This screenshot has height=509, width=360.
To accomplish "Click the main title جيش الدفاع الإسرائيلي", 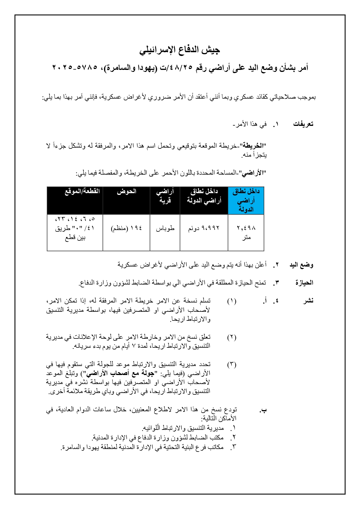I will tap(180, 50).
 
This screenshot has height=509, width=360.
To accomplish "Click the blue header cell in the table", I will tap(246, 200).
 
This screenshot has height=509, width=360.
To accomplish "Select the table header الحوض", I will tap(126, 192).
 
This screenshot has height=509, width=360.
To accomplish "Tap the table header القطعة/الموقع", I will tap(82, 191).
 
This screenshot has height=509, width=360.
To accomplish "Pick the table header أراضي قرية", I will tap(165, 196).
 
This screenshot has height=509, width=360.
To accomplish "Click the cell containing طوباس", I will tap(165, 229).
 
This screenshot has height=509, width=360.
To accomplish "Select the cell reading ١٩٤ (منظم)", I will tap(126, 229).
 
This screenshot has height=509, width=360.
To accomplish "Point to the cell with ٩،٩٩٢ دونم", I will tap(204, 229).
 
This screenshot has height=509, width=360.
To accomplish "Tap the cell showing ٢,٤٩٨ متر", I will tap(246, 233).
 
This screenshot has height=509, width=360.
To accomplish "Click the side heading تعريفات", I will tap(303, 124).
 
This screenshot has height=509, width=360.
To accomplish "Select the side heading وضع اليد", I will tap(301, 265).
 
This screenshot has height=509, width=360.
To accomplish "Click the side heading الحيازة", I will tap(304, 283).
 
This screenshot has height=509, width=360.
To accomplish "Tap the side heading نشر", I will tap(308, 301).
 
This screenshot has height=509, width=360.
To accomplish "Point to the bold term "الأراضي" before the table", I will tap(253, 173).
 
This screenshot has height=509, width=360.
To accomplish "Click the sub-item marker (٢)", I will tap(231, 337).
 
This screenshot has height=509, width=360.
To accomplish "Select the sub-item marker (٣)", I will tap(231, 365).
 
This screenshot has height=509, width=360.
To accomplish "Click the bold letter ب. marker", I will tap(263, 410).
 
